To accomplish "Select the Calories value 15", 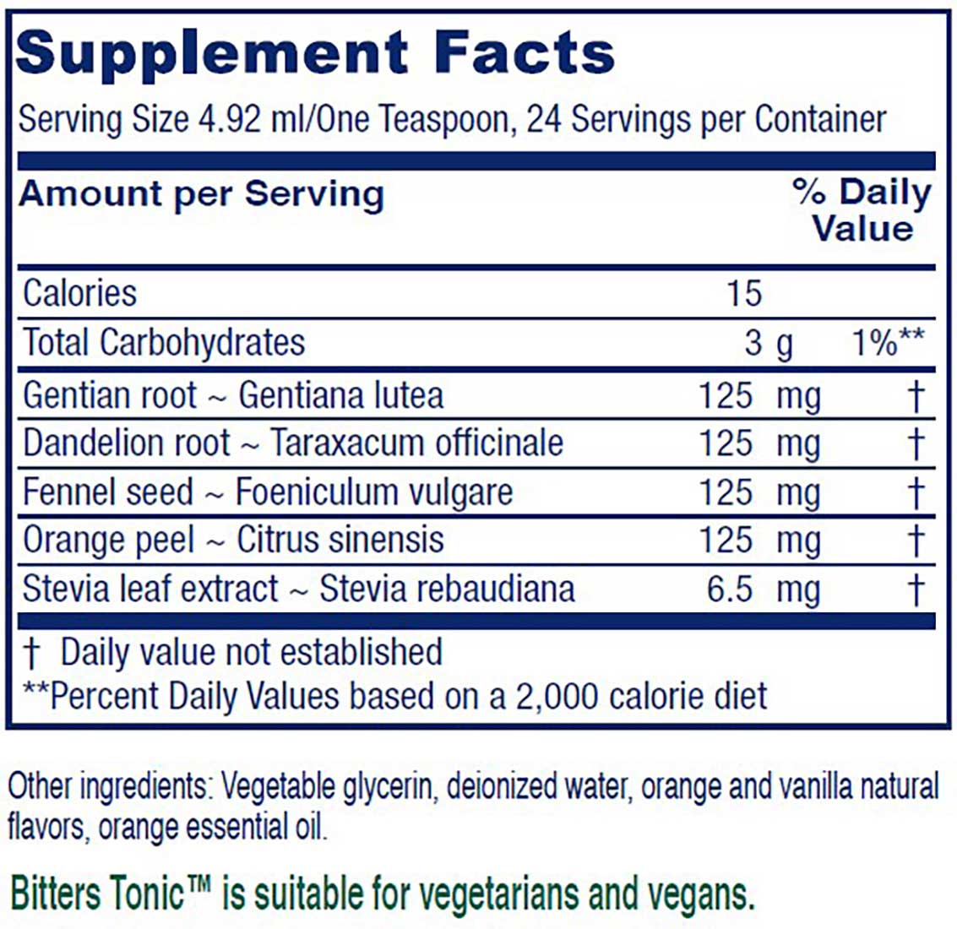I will (743, 294).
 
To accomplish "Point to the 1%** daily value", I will (888, 343).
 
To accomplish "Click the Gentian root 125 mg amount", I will (759, 395).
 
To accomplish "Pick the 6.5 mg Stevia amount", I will (763, 589).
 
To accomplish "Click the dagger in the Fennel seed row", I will (916, 492).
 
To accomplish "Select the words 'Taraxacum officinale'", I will (416, 443).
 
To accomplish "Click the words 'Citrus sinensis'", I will (340, 541).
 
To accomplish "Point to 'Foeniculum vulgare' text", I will (374, 492).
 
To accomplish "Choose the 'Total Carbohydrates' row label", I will (164, 343).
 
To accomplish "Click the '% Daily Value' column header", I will (862, 211).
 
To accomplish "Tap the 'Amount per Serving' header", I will (201, 194).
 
